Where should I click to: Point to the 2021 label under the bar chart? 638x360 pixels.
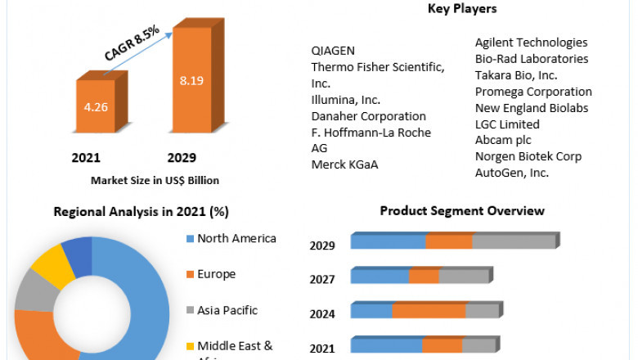point(86,157)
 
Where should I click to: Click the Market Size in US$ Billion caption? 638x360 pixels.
point(155,180)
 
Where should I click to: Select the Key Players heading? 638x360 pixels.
point(462,9)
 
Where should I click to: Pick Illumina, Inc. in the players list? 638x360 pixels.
point(346,99)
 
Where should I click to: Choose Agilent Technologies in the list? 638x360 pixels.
point(532,42)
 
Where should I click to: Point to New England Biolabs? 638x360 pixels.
point(532,107)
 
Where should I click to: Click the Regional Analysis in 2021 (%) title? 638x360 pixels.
point(141,212)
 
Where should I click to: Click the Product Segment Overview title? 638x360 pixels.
point(462,211)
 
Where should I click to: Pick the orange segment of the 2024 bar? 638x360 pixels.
point(429,311)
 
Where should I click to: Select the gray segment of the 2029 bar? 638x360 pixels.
point(514,241)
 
